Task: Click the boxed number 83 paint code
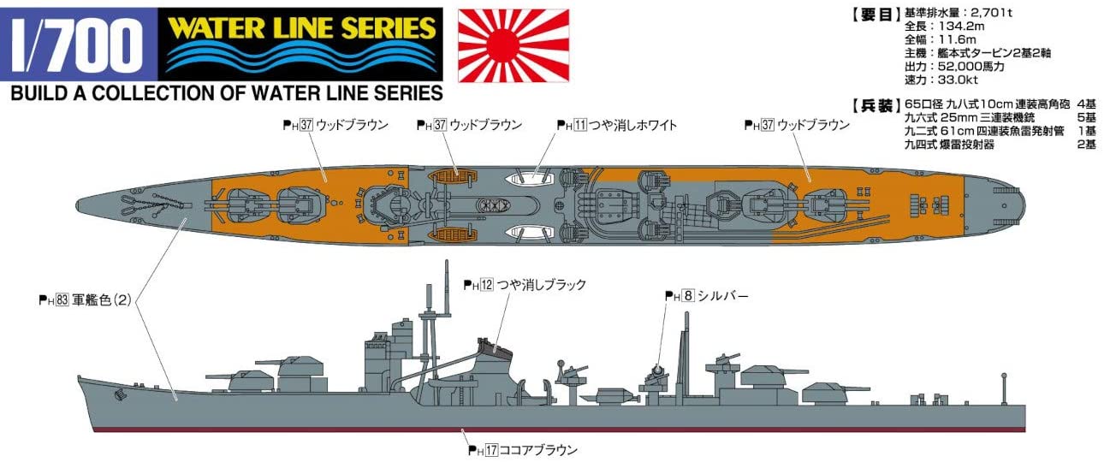(62, 300)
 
